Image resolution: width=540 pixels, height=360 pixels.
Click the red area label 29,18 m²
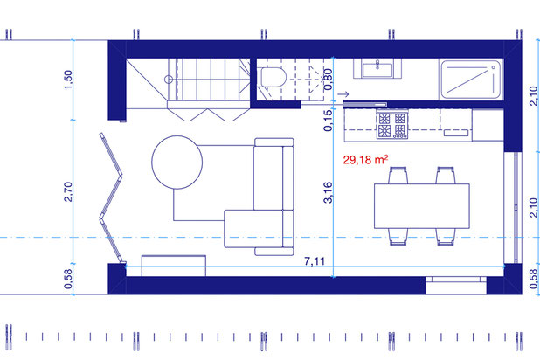tap(365, 160)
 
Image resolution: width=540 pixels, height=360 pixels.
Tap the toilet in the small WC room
tap(273, 77)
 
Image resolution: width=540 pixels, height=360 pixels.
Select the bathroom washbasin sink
tap(377, 69)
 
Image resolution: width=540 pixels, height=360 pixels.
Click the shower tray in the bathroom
tap(471, 80)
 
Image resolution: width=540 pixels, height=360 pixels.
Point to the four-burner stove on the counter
tap(392, 124)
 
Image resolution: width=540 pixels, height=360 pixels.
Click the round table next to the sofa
tap(177, 163)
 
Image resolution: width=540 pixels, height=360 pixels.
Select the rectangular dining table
tap(422, 206)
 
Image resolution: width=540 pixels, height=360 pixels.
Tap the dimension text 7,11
tap(315, 261)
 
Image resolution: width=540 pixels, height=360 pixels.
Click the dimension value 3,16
tap(329, 192)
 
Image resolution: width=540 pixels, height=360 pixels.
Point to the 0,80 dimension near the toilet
tap(329, 80)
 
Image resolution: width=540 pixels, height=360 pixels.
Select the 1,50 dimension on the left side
tap(68, 80)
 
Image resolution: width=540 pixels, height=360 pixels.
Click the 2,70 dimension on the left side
tap(68, 191)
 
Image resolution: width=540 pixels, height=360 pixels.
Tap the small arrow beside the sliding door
tap(343, 93)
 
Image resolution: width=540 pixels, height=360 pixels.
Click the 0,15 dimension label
tap(329, 121)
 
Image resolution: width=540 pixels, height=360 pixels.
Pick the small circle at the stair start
tap(169, 80)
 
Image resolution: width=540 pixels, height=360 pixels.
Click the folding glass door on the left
tap(111, 198)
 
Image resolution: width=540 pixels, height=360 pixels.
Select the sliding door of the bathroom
tap(364, 104)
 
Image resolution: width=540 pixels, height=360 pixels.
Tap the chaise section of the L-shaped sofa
tap(253, 229)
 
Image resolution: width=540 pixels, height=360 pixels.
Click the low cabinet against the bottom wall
tap(174, 266)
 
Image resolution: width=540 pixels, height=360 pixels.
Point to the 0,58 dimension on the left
tap(68, 279)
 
